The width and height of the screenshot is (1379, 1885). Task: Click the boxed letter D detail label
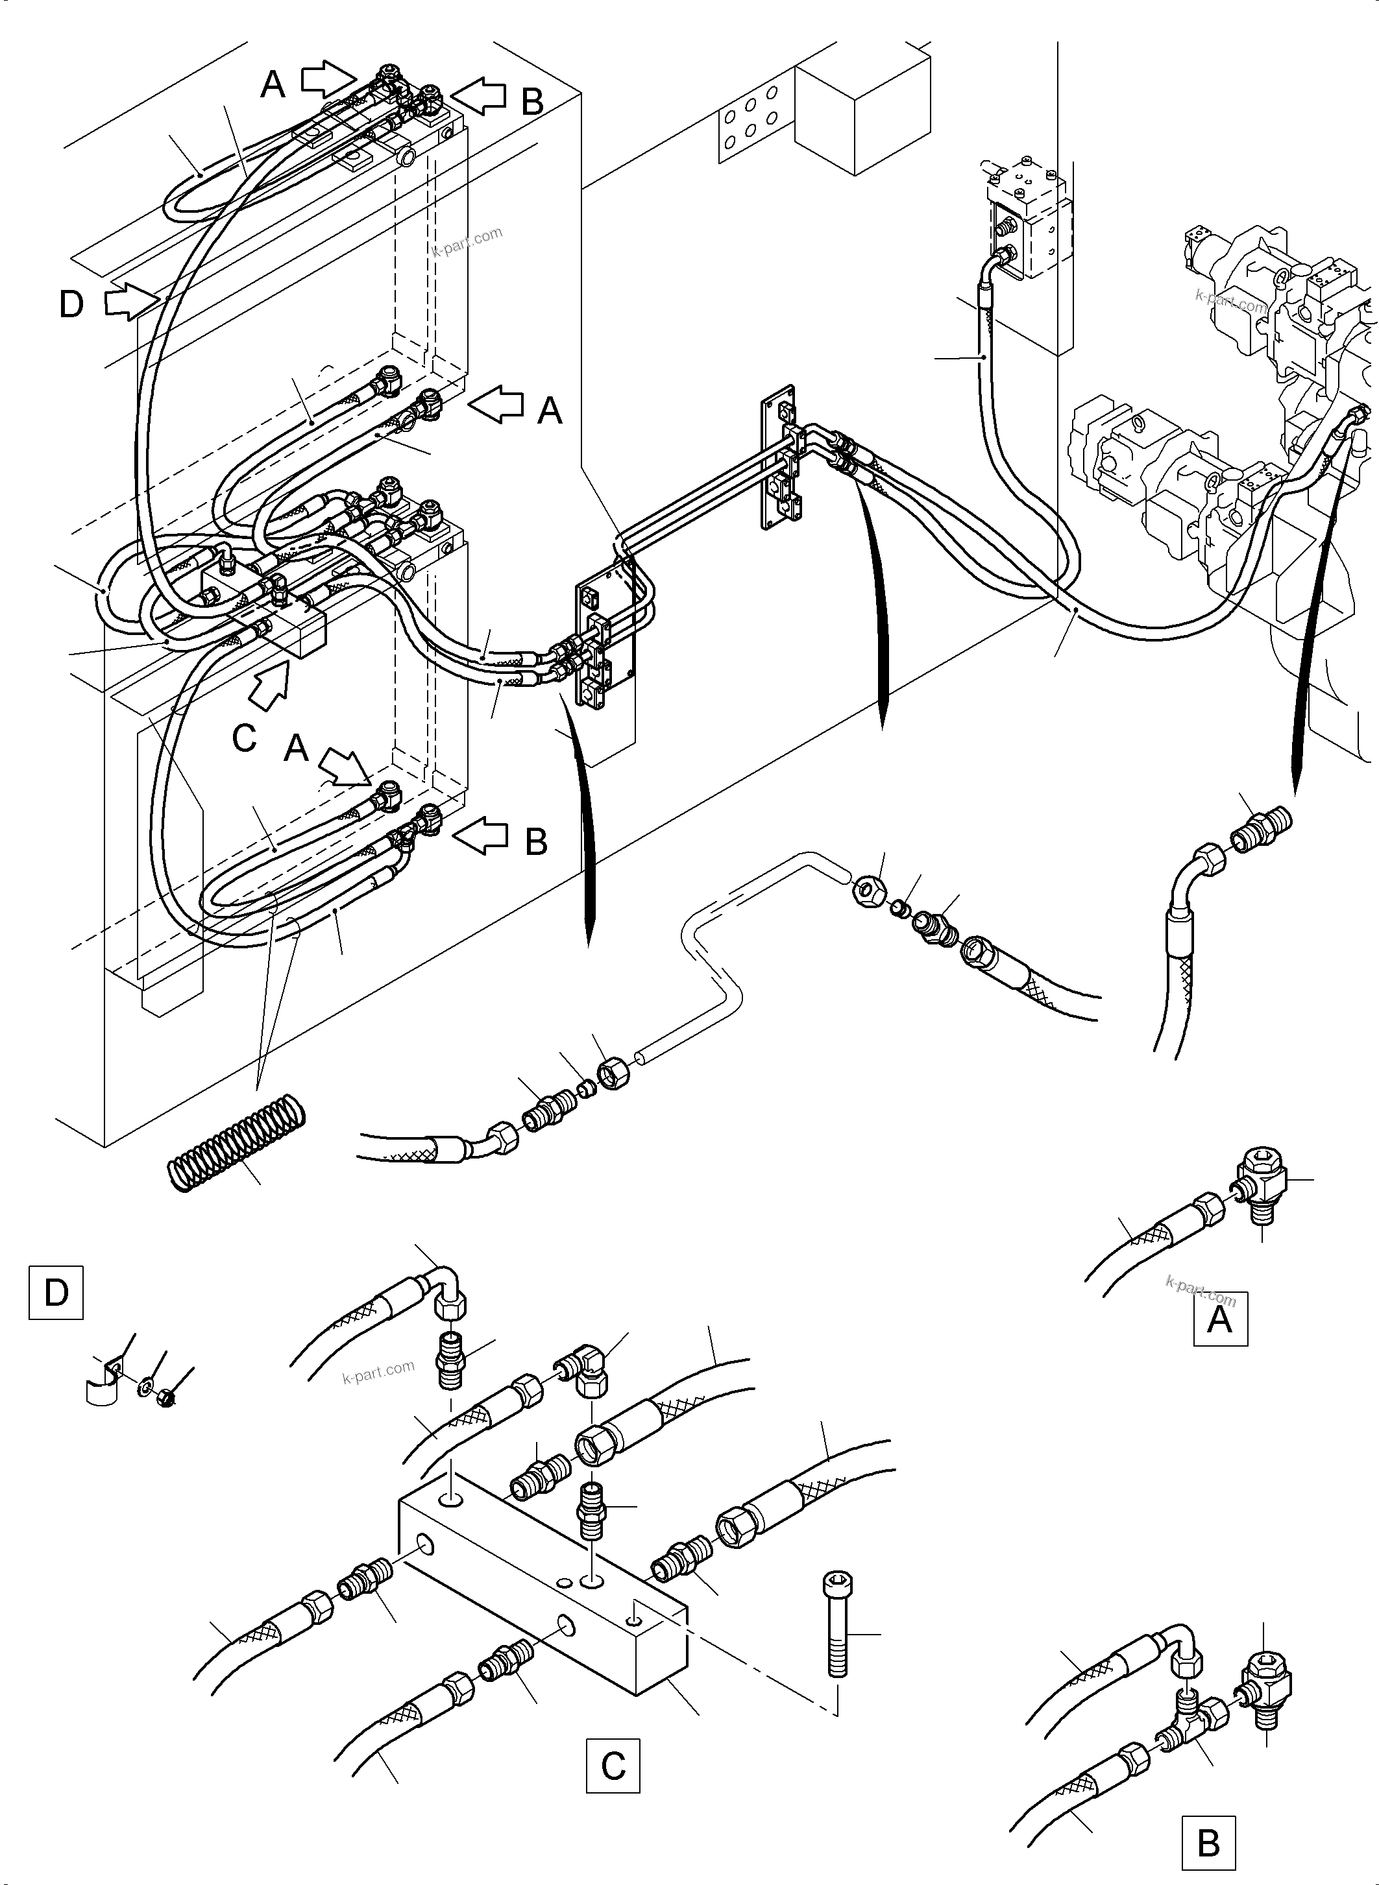point(56,1293)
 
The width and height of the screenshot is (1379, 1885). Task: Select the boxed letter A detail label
point(1219,1319)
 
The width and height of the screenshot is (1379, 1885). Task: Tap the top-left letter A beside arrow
point(273,84)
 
